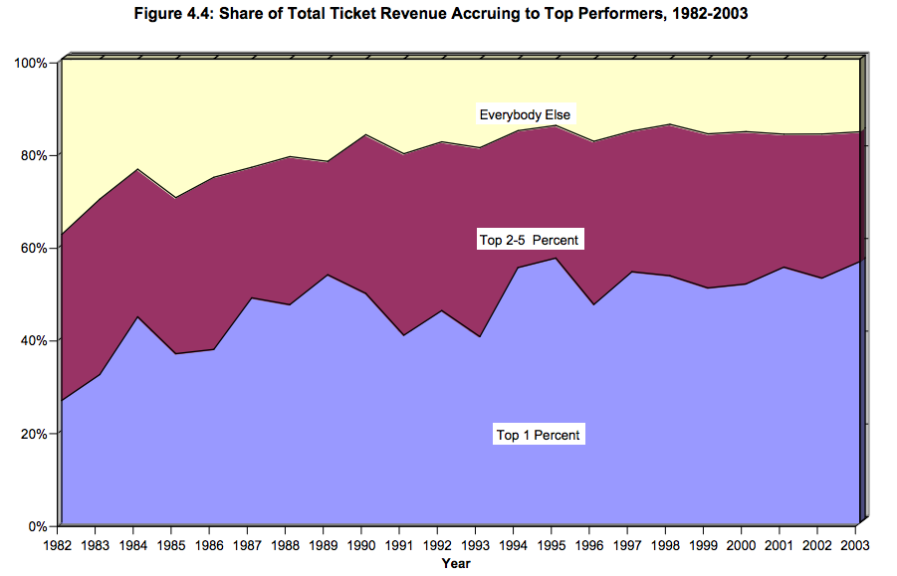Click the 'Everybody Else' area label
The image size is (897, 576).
[525, 114]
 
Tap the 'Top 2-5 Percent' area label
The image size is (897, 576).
[529, 241]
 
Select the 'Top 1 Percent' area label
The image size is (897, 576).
[539, 435]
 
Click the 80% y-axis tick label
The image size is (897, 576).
[35, 155]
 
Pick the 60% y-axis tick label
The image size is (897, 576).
[35, 248]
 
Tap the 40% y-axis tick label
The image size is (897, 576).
[35, 340]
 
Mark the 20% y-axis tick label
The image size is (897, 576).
[35, 434]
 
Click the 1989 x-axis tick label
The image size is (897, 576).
[324, 544]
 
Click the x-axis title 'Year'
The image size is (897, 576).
[456, 563]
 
